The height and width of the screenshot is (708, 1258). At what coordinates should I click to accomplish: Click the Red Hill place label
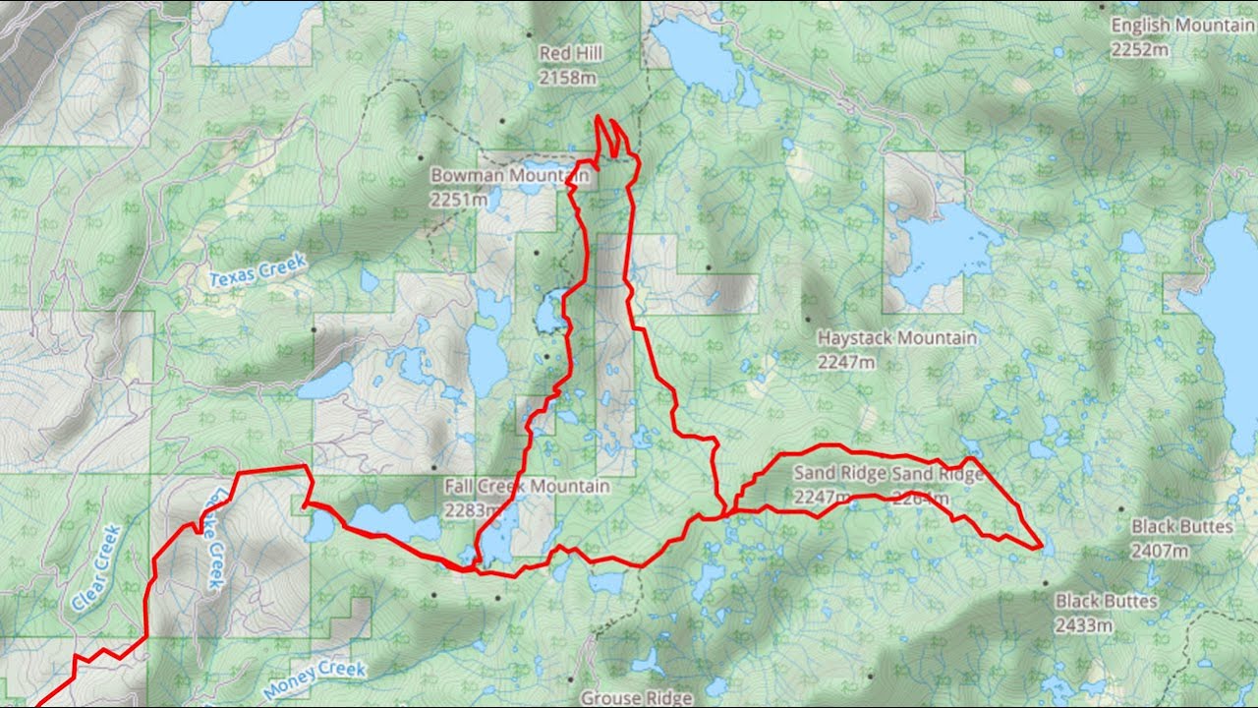point(571,53)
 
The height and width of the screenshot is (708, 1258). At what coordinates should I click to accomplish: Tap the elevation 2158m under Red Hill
point(568,77)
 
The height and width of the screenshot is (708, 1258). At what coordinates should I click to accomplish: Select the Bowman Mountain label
point(509,176)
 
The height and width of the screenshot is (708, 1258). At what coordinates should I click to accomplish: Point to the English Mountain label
point(1182,27)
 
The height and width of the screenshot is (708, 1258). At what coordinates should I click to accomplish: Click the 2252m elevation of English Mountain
point(1140,50)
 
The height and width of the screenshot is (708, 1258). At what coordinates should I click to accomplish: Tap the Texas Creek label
point(258,270)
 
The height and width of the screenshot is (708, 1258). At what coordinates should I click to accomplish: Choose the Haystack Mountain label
point(896,338)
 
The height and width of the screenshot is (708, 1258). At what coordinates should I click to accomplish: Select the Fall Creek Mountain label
point(527,487)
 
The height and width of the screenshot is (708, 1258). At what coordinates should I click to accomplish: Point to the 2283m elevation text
point(472,510)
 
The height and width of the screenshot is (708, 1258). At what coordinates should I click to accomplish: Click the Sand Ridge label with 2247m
point(838,474)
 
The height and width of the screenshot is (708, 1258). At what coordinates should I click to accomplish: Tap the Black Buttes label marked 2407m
point(1181,527)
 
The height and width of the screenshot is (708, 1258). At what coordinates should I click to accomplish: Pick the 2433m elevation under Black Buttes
point(1085,624)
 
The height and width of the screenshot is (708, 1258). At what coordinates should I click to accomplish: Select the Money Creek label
point(315,678)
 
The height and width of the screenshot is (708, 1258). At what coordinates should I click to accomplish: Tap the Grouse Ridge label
point(636,698)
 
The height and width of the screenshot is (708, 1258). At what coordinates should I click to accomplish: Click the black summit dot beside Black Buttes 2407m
point(1121,508)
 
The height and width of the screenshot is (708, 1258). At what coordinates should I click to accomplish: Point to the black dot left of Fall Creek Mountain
point(433,468)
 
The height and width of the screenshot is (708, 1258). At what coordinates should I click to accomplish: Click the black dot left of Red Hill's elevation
point(501,121)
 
